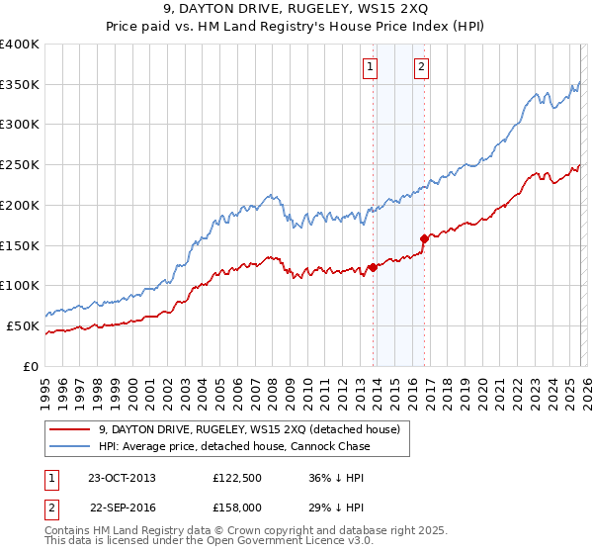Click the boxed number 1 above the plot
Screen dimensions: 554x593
[x=370, y=67]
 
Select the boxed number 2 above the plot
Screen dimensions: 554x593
[x=421, y=67]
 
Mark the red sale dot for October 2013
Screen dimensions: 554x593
[x=373, y=266]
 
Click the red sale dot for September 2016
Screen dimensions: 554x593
[x=424, y=237]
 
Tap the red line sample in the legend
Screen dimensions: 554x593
[x=69, y=429]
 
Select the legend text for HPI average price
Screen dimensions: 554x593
[x=234, y=446]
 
